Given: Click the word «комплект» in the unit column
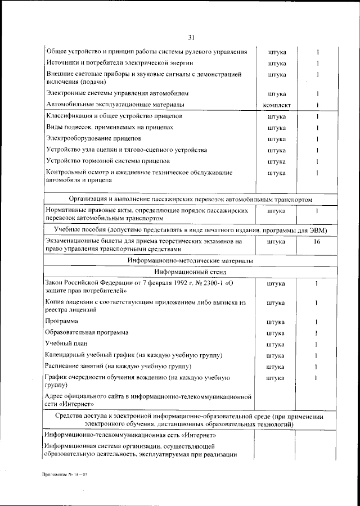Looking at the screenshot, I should tap(276, 105).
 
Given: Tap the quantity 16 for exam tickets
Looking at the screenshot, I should tap(317, 242).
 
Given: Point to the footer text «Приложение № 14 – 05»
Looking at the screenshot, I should tap(65, 475).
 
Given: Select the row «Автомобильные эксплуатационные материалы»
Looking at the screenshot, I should tap(115, 105).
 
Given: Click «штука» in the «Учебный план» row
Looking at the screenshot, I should tap(276, 344).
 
